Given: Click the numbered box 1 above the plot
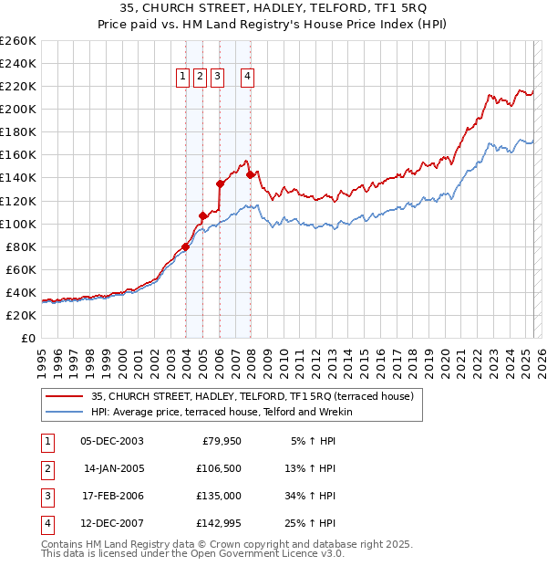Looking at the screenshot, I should coord(183,77).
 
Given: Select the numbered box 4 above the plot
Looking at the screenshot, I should coord(247,77).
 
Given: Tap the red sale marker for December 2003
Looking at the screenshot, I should coord(185,246).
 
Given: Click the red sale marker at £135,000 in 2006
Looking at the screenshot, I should coord(220,183).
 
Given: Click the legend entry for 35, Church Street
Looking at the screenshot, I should coord(253,396).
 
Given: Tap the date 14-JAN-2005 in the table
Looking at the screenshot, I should coord(114,468).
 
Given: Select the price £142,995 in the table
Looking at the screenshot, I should coord(223,523).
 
